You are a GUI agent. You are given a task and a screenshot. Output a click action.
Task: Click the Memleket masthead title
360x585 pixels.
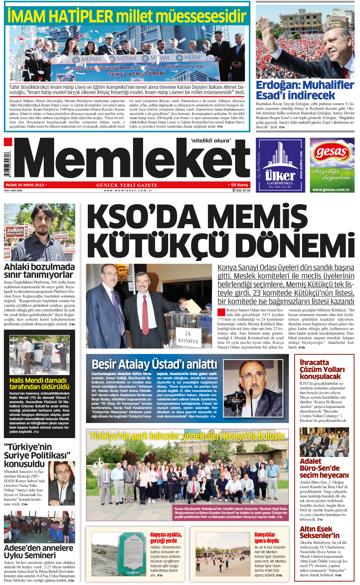pyautogui.click(x=131, y=159)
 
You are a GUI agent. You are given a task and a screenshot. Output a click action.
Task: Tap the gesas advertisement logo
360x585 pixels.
pyautogui.click(x=331, y=152)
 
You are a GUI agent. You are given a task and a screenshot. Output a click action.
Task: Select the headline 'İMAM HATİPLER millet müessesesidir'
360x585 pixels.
pyautogui.click(x=127, y=16)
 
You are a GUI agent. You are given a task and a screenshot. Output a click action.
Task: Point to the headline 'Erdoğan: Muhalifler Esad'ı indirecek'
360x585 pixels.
pyautogui.click(x=305, y=90)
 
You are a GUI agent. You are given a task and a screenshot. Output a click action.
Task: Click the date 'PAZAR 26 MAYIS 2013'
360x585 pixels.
pyautogui.click(x=25, y=185)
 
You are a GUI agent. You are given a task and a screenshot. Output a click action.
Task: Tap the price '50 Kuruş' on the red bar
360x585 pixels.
pyautogui.click(x=239, y=185)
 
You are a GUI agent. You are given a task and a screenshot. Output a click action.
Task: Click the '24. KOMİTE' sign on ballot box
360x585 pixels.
pyautogui.click(x=188, y=337)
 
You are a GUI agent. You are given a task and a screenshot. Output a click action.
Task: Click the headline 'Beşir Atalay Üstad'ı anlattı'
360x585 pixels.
pyautogui.click(x=154, y=364)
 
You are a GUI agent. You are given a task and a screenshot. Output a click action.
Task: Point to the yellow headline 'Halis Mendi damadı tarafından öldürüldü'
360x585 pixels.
pyautogui.click(x=39, y=384)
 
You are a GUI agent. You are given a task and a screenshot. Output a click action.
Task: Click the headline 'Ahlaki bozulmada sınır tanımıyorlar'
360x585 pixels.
pyautogui.click(x=39, y=271)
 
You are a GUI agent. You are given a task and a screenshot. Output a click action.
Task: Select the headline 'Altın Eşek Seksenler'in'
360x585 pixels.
pyautogui.click(x=319, y=532)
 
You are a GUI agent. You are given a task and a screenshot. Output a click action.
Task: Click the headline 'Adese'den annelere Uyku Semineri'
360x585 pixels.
pyautogui.click(x=39, y=551)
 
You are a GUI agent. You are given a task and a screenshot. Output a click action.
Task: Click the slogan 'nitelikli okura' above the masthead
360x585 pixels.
pyautogui.click(x=210, y=141)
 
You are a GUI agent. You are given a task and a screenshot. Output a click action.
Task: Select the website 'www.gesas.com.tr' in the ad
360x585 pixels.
pyautogui.click(x=331, y=189)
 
